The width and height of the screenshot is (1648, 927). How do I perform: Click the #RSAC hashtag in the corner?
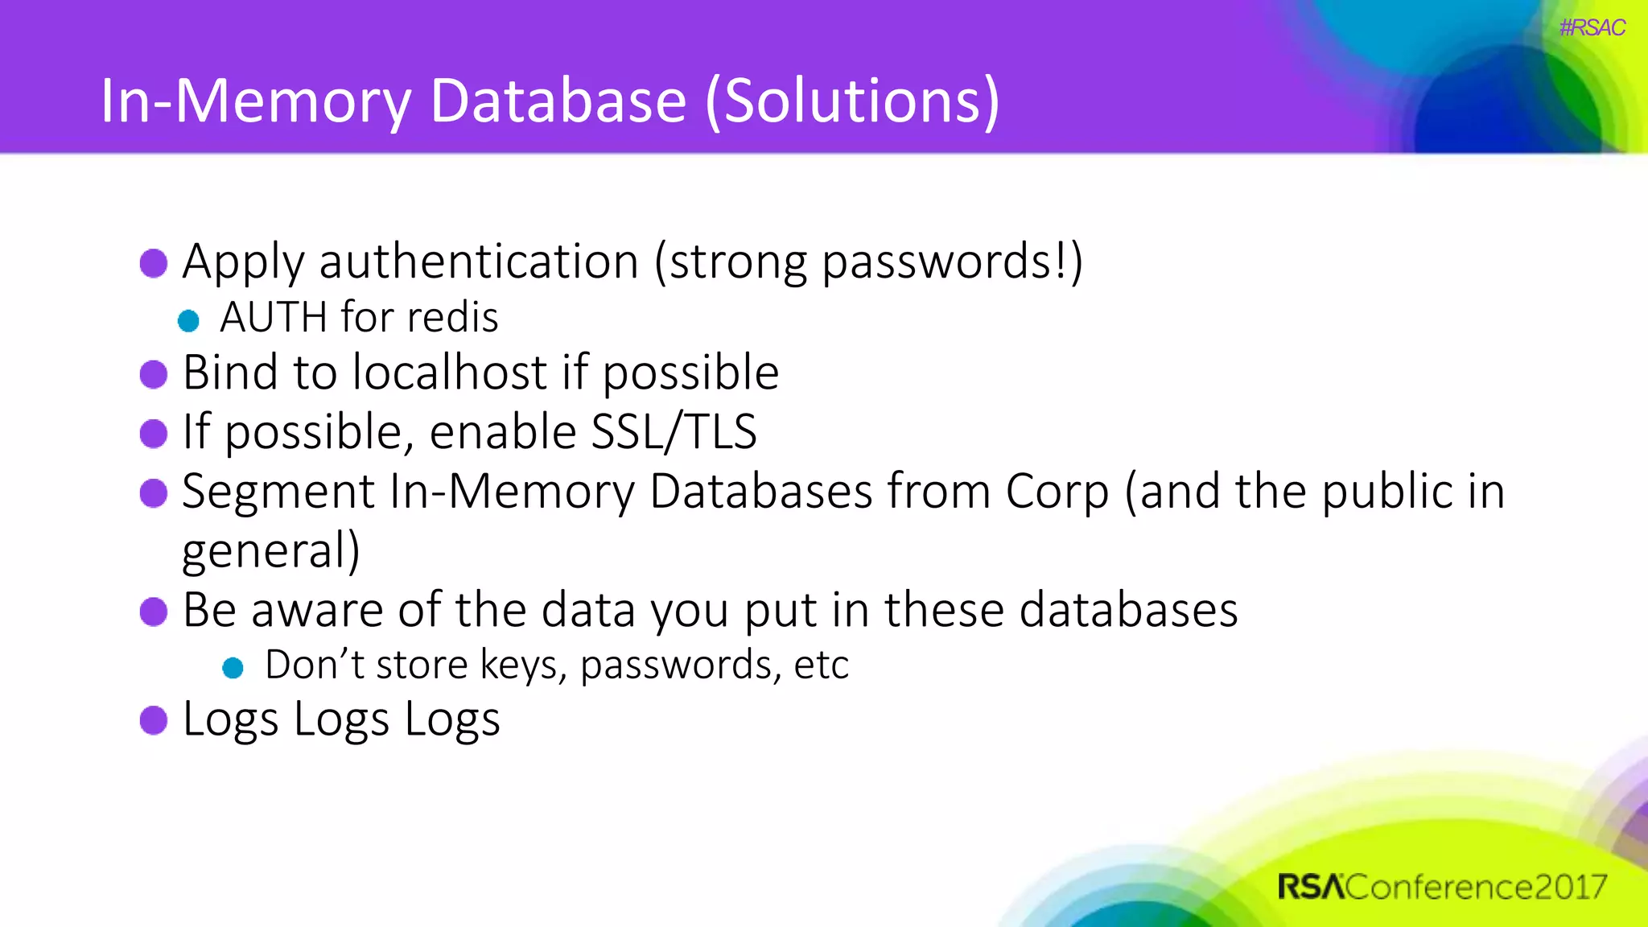(x=1592, y=27)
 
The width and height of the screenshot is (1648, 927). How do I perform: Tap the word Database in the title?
(x=558, y=101)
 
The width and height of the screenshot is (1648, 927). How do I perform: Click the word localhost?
(x=450, y=372)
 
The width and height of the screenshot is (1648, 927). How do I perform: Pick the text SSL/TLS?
(x=674, y=431)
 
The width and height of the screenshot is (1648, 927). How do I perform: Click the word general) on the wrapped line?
(x=271, y=551)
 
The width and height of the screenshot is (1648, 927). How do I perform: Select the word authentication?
(x=479, y=262)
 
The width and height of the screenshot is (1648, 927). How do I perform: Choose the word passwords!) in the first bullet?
(x=952, y=262)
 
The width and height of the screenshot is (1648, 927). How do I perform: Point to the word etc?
(x=821, y=665)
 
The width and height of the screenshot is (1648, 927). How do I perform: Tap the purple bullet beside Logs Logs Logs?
(x=154, y=719)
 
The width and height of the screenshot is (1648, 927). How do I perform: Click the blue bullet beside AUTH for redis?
(x=188, y=320)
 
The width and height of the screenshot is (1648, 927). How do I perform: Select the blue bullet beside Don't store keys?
(x=233, y=667)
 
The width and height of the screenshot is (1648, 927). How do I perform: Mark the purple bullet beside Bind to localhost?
(x=154, y=373)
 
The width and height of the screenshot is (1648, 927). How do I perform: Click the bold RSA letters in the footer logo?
(x=1311, y=887)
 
